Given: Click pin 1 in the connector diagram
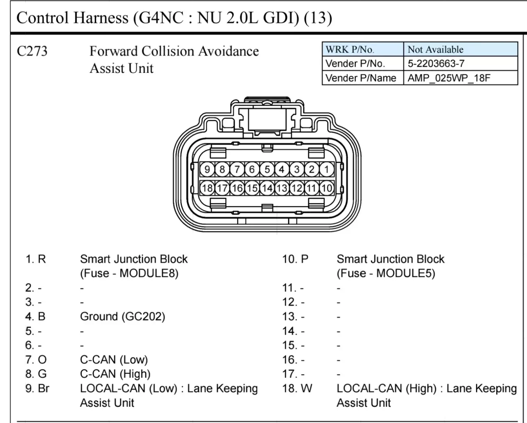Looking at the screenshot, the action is pos(327,169).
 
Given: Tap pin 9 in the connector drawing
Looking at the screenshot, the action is pos(207,169).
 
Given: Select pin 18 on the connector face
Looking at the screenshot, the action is pos(207,188).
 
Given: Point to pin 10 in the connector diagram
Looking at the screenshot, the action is pos(327,188).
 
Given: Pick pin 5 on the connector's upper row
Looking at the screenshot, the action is pos(267,169).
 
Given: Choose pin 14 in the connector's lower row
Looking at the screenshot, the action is pos(267,188).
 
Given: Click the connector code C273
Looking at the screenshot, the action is pos(32,51).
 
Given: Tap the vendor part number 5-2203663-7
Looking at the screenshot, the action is pos(436,64).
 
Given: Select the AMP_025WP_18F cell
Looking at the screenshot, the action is pos(461,78).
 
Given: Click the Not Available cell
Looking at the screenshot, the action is pos(461,49).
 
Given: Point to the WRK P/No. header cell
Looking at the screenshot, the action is pos(363,49).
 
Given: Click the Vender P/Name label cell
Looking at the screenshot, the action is pos(363,78).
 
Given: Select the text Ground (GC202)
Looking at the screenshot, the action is pos(123,316).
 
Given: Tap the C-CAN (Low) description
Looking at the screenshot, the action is pos(114,360).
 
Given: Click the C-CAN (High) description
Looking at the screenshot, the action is pos(115,374).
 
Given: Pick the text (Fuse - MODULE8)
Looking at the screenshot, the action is pos(129,273).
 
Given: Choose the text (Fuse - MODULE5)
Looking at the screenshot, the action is pos(386,273).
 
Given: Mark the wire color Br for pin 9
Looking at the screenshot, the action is pos(44,388).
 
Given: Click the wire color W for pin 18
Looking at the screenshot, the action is pos(307,388).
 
